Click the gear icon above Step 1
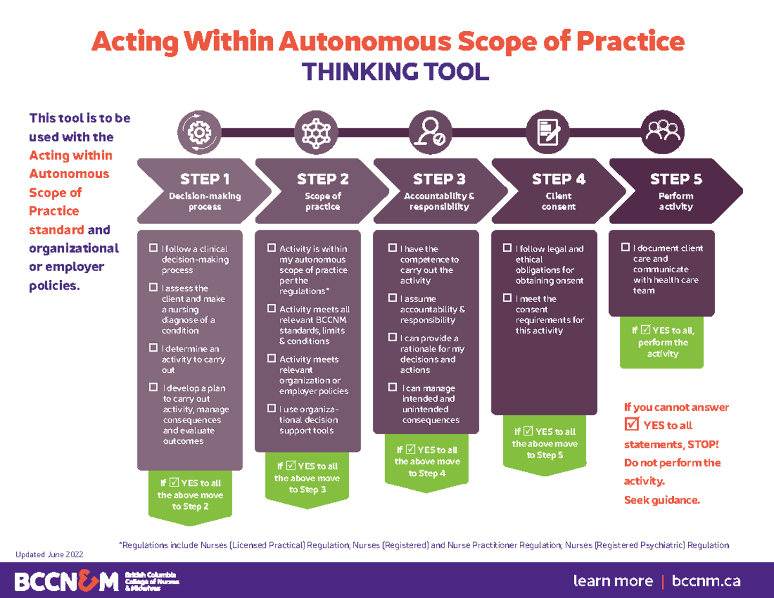pos(199,132)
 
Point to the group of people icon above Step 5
pos(662,132)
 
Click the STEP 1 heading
pos(204,179)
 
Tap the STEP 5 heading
pos(675,179)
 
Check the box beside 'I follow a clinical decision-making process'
pos(154,248)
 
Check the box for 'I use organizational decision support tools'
pos(272,409)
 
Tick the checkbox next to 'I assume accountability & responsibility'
pos(392,299)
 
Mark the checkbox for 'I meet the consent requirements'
pos(508,299)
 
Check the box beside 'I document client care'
pos(625,248)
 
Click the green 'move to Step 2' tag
pos(190,495)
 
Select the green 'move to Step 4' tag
pos(427,461)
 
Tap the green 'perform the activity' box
pos(662,342)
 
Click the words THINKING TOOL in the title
pos(395,72)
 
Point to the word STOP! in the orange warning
pos(701,444)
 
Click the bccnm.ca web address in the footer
pos(706,581)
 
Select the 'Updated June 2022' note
pos(50,554)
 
